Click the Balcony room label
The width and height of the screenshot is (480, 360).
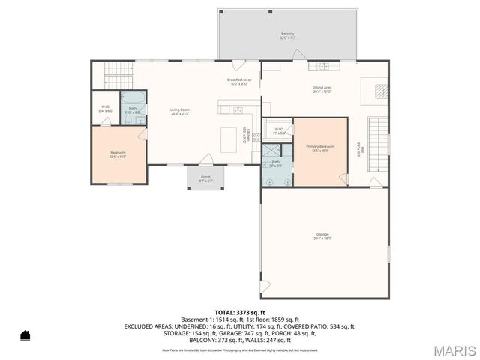pyautogui.click(x=288, y=35)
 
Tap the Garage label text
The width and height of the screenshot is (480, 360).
pyautogui.click(x=322, y=237)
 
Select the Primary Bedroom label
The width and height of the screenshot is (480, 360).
pyautogui.click(x=320, y=148)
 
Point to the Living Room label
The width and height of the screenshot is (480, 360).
pyautogui.click(x=179, y=111)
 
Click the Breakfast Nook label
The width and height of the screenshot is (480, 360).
pyautogui.click(x=238, y=81)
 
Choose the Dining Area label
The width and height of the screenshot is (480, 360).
pyautogui.click(x=322, y=88)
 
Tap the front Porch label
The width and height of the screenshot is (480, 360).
pyautogui.click(x=205, y=178)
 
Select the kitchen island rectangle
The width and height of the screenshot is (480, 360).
pyautogui.click(x=229, y=139)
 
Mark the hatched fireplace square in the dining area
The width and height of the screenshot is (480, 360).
pyautogui.click(x=381, y=91)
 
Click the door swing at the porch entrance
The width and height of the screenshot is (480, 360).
pyautogui.click(x=207, y=160)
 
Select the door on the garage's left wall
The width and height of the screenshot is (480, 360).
pyautogui.click(x=264, y=286)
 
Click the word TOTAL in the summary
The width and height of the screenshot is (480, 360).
pyautogui.click(x=225, y=312)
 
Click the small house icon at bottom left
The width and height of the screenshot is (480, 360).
pyautogui.click(x=25, y=335)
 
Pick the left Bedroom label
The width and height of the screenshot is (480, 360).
pyautogui.click(x=118, y=154)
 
